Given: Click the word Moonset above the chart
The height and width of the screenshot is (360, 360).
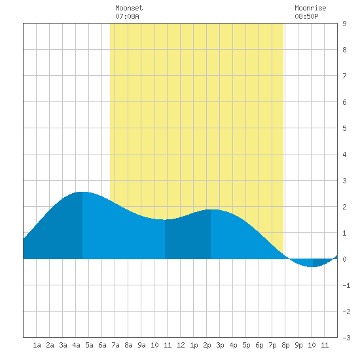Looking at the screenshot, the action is [129, 8].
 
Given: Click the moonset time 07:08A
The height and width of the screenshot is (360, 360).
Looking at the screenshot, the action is [127, 16].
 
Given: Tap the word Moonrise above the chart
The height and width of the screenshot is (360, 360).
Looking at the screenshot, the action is [310, 8].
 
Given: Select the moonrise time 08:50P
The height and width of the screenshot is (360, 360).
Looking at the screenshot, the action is [306, 16].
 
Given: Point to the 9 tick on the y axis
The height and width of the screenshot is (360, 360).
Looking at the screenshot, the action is [344, 24].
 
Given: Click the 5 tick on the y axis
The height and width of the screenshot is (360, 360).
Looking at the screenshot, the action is [344, 128].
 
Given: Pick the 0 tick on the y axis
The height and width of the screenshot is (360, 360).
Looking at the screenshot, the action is [344, 259].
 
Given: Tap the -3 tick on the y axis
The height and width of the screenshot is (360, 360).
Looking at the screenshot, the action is [346, 338].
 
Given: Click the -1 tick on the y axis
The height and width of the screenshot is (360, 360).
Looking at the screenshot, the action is [346, 285].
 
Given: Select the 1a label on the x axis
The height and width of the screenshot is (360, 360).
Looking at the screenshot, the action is [37, 345].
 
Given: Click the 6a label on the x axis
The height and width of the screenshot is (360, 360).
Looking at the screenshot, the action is [102, 345].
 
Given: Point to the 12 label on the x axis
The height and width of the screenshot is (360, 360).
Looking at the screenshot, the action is [181, 345].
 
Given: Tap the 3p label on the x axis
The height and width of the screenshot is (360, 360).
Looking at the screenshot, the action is [220, 345].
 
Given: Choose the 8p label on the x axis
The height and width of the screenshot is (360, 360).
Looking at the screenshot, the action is [285, 345].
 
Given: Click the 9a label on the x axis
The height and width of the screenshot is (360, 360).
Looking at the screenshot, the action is [141, 345].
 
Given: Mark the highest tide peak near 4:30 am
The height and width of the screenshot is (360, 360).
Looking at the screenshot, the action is [82, 192].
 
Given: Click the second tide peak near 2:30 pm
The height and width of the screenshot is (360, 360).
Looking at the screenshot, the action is [211, 209].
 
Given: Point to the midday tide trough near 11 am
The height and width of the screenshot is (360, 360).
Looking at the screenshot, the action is [164, 220].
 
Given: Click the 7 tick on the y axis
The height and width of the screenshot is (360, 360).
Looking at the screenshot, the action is [344, 76].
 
